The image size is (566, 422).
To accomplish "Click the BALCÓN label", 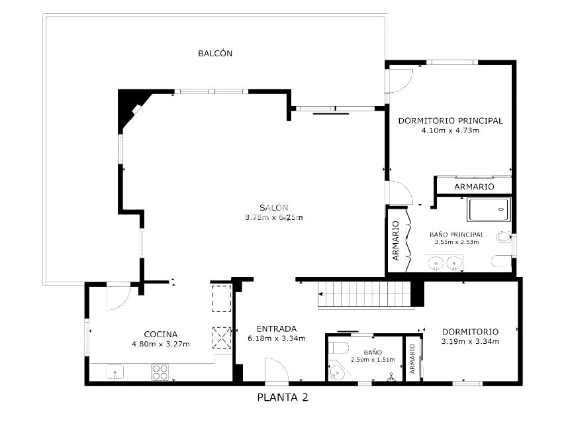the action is pyautogui.click(x=215, y=54).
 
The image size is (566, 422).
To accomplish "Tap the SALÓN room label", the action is pyautogui.click(x=273, y=208).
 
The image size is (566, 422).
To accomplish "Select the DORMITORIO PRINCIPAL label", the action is pyautogui.click(x=451, y=121).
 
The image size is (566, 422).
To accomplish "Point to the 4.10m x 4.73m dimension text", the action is pyautogui.click(x=451, y=131).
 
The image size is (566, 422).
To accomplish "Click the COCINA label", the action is pyautogui.click(x=161, y=335).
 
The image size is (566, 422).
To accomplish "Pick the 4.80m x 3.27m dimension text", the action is pyautogui.click(x=161, y=344).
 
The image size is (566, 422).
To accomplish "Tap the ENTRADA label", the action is pyautogui.click(x=277, y=329).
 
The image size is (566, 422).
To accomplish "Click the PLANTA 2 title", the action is pyautogui.click(x=283, y=397).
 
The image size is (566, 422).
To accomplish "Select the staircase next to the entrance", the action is pyautogui.click(x=365, y=294).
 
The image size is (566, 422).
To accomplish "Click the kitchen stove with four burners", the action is pyautogui.click(x=160, y=372).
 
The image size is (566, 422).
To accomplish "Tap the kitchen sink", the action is pyautogui.click(x=115, y=372).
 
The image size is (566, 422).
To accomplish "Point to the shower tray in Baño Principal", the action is pyautogui.click(x=489, y=209).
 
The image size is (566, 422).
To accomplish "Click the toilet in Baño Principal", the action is pyautogui.click(x=504, y=237).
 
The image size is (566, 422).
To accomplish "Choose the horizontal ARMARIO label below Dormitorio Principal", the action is pyautogui.click(x=474, y=187).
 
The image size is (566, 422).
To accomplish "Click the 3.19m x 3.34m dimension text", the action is pyautogui.click(x=471, y=341).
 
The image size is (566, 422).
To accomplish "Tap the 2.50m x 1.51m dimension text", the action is pyautogui.click(x=373, y=360).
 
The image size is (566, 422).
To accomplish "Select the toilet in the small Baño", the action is pyautogui.click(x=340, y=348).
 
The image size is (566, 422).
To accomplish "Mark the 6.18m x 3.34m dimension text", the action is pyautogui.click(x=277, y=339).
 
